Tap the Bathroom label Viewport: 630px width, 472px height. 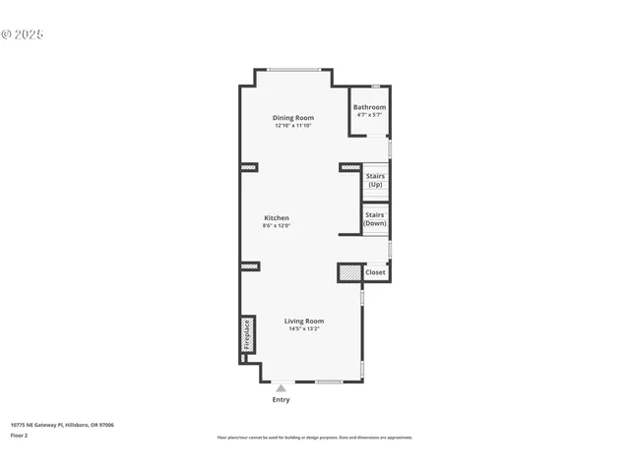(x=370, y=107)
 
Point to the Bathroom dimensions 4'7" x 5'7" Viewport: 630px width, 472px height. (x=370, y=115)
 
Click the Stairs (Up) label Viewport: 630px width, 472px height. (x=375, y=181)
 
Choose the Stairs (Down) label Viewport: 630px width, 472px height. (x=375, y=218)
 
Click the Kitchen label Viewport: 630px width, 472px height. (x=277, y=217)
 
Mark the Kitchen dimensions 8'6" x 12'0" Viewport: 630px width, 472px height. (x=277, y=226)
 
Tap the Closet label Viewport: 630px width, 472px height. (x=376, y=272)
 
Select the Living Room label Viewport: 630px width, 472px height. (x=304, y=321)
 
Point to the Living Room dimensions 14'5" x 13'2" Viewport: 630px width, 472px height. (x=304, y=329)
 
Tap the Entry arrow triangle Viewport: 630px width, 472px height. (x=281, y=388)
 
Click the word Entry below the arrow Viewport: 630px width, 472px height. (x=281, y=400)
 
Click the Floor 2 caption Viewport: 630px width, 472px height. (x=20, y=435)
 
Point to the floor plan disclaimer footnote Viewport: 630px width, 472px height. (x=314, y=438)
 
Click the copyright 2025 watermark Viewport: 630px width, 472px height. (x=23, y=34)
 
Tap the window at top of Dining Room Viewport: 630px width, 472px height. (x=294, y=70)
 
